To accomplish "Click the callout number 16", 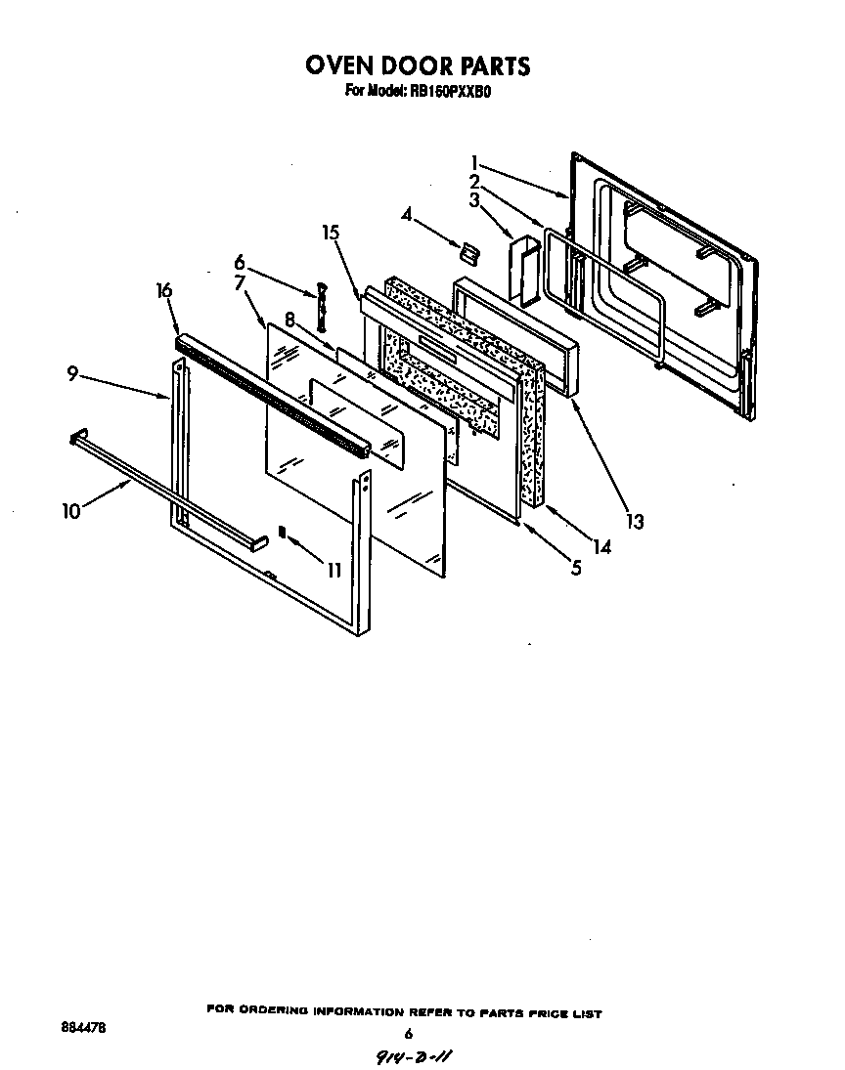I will [164, 290].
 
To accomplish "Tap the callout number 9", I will [73, 372].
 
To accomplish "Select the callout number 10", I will [71, 511].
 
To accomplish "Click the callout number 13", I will [636, 521].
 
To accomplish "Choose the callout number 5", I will [576, 567].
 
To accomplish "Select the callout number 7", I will [240, 283].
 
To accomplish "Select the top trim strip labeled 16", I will [274, 396].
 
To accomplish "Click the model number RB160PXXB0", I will [455, 92].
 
